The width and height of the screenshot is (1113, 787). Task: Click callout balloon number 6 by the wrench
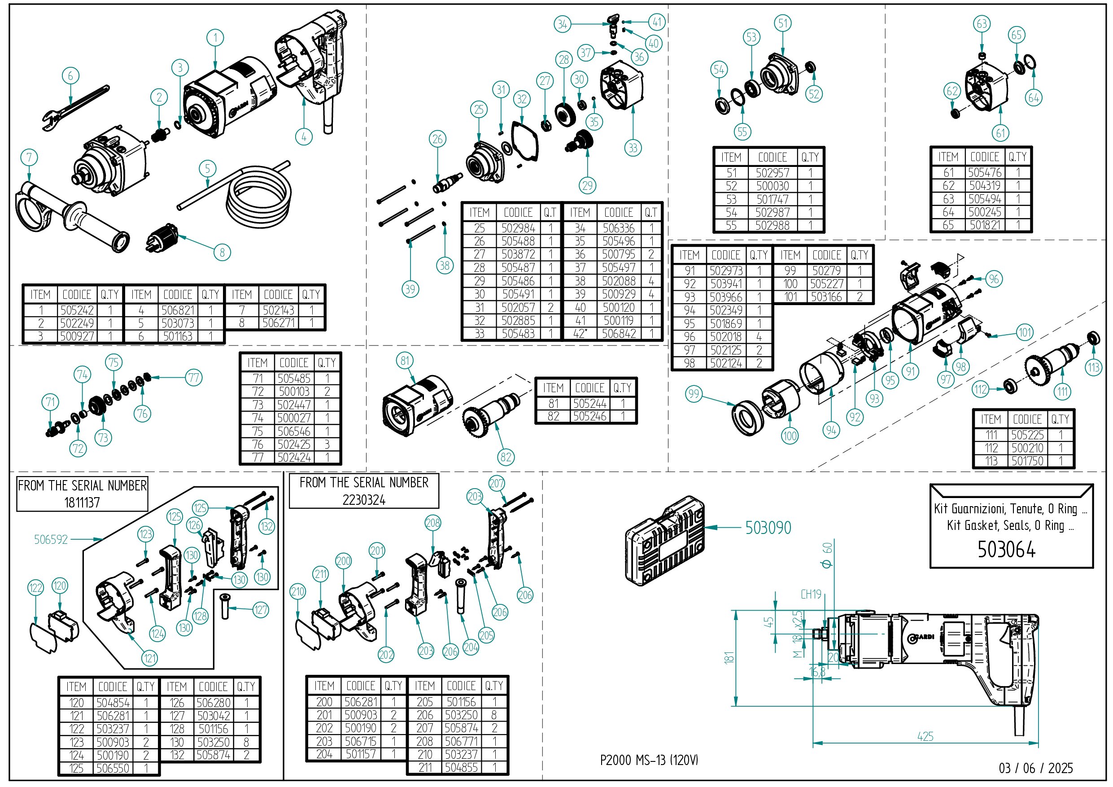point(70,76)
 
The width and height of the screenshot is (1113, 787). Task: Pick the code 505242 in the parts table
point(77,310)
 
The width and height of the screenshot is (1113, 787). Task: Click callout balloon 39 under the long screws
point(410,289)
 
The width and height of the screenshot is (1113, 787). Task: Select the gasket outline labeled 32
point(524,140)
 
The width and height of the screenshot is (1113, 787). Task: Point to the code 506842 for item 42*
point(619,334)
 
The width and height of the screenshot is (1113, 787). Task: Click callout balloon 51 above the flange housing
point(783,23)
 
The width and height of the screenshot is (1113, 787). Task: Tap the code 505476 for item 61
point(985,173)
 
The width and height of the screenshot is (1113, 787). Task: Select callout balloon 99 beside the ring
point(694,394)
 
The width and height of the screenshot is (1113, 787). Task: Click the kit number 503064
point(1006,549)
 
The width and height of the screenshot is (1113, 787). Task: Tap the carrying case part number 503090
point(768,528)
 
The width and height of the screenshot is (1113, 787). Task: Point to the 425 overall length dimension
point(925,737)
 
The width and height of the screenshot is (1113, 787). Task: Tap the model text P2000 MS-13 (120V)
point(649,760)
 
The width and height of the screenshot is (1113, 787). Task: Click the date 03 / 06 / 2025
point(1035,768)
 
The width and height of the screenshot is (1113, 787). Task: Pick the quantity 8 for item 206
point(494,715)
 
